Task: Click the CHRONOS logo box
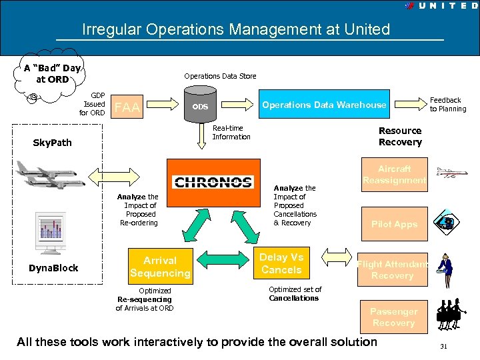click(213, 182)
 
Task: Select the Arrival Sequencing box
click(160, 267)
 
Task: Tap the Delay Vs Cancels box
click(281, 263)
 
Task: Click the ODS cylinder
click(200, 107)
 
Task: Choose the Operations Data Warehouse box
click(323, 105)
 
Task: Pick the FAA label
click(127, 107)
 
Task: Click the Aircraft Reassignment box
click(394, 175)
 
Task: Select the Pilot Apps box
click(394, 224)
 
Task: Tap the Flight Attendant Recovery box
click(392, 270)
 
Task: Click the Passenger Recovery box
click(393, 317)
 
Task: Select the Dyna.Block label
click(53, 268)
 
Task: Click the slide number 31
click(443, 347)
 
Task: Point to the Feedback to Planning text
click(447, 105)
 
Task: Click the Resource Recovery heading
click(400, 136)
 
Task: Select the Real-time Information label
click(231, 133)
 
